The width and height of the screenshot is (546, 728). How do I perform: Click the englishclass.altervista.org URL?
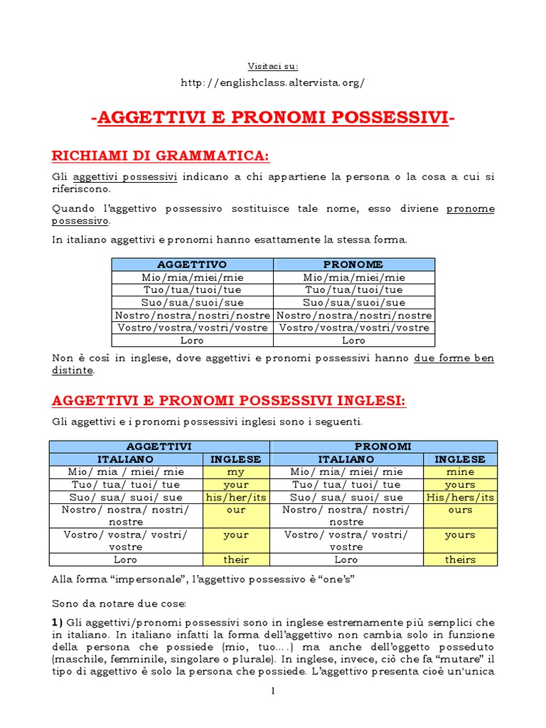click(x=273, y=82)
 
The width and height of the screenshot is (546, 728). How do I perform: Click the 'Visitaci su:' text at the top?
click(x=273, y=66)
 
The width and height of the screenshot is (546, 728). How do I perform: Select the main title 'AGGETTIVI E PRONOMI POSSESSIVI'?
click(x=273, y=118)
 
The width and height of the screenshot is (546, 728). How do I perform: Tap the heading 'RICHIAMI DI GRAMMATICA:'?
click(x=161, y=156)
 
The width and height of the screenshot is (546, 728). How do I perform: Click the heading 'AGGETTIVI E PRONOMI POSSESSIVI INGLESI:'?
click(x=229, y=402)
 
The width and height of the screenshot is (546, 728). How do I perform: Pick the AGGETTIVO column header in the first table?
click(x=192, y=264)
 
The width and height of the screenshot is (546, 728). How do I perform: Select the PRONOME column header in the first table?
click(x=353, y=264)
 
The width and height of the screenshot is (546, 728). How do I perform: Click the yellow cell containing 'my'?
click(x=236, y=471)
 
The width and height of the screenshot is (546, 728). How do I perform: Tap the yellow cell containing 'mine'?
click(x=460, y=471)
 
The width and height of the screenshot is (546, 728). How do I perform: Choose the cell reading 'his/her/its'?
click(x=236, y=497)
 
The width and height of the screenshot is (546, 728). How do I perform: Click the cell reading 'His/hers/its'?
click(x=460, y=497)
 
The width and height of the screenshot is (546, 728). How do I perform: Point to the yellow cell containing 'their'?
click(x=236, y=560)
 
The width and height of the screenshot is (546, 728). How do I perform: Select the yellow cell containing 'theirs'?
click(x=460, y=560)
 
